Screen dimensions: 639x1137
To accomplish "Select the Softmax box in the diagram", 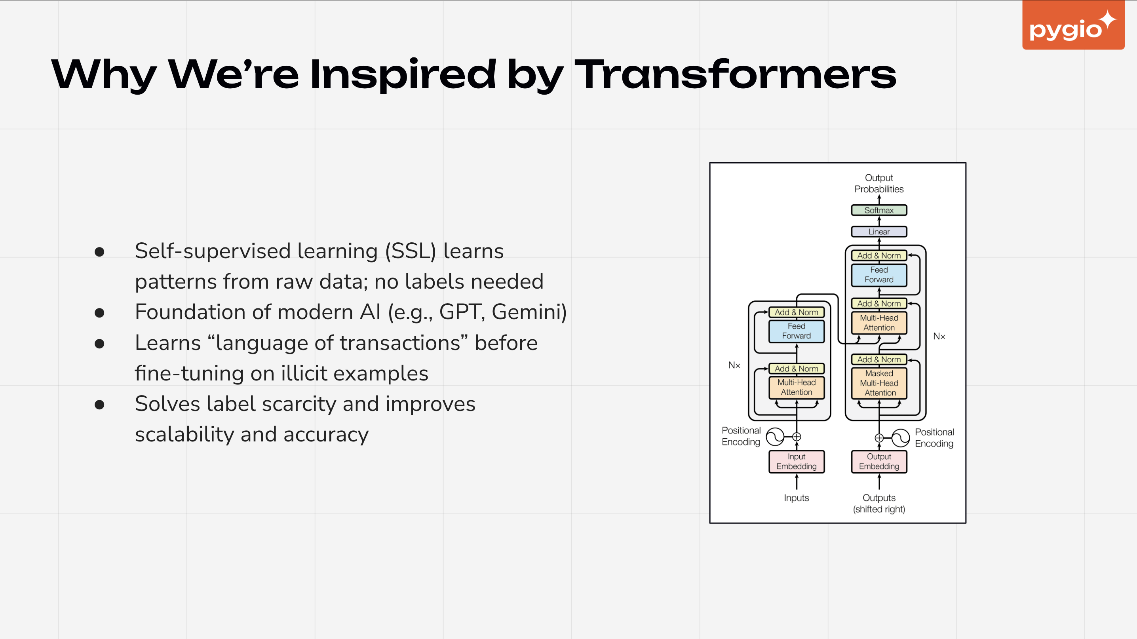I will pos(879,210).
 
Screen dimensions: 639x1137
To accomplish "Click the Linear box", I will pos(879,232).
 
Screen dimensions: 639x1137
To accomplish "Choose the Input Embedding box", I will pos(796,461).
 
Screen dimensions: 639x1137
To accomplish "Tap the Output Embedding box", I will pos(879,461).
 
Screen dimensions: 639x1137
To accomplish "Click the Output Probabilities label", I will pos(879,183).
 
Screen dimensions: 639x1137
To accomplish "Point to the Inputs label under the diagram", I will pos(796,498).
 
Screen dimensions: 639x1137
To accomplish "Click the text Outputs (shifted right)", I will pos(879,503).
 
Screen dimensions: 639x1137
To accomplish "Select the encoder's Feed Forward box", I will pos(796,331).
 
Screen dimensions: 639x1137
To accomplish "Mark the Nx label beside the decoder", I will pos(939,336).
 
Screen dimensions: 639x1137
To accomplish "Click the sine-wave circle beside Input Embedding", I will pos(775,437).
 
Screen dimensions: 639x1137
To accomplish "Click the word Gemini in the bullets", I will pos(529,312).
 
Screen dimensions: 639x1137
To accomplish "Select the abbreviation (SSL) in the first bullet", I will pos(411,251).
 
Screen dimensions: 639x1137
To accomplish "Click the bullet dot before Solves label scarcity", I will pos(99,404).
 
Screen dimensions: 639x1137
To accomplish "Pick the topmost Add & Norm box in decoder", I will pos(879,255).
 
